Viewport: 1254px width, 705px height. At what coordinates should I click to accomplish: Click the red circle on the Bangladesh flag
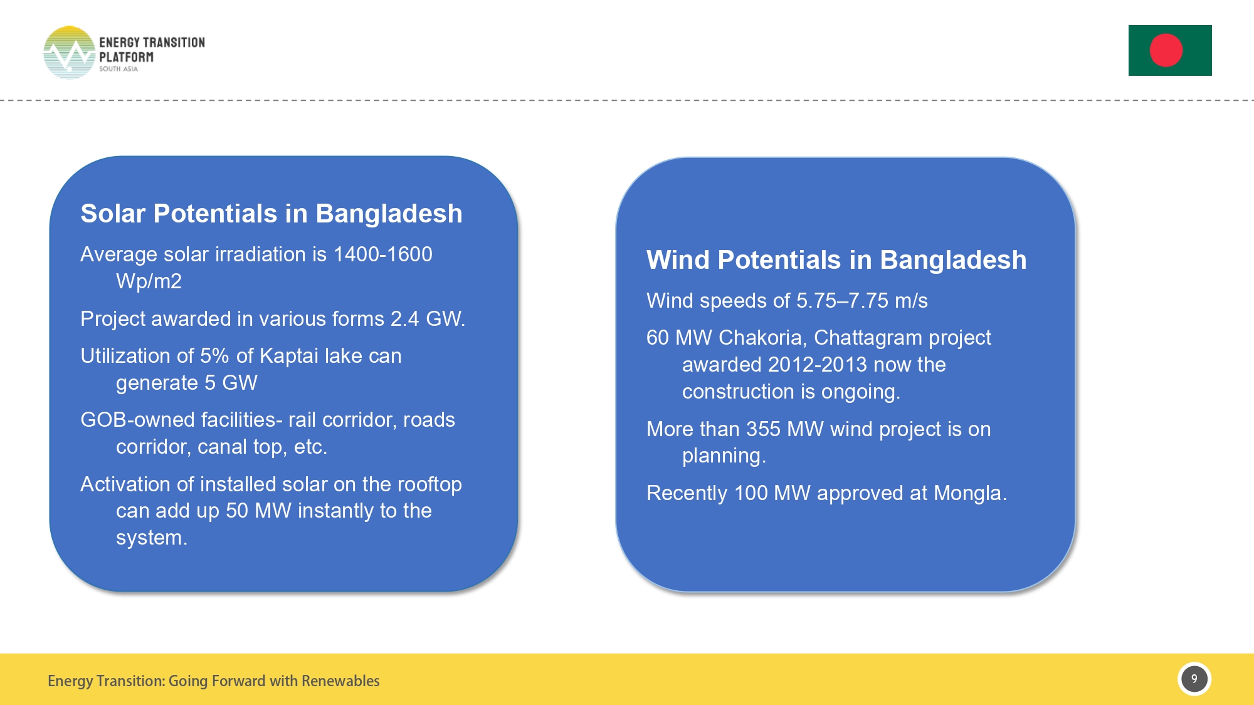pos(1166,50)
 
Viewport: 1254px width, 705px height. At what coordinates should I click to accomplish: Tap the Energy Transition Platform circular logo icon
pos(69,53)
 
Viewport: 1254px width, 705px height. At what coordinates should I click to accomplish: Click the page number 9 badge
pos(1194,679)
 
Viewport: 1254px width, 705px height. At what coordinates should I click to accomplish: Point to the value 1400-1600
pos(382,254)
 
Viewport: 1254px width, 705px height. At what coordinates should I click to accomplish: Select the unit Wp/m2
pos(149,281)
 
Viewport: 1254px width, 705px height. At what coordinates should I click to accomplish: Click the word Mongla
pos(969,493)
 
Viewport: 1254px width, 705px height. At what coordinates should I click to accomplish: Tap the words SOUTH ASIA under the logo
pos(118,69)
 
